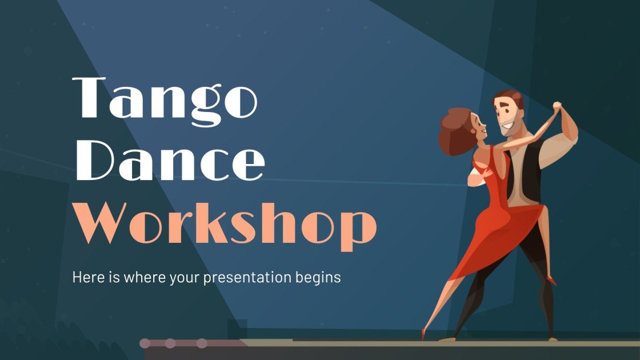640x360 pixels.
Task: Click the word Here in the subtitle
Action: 85,277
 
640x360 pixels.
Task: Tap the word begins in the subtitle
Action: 321,278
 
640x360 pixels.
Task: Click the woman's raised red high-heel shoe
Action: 550,280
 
